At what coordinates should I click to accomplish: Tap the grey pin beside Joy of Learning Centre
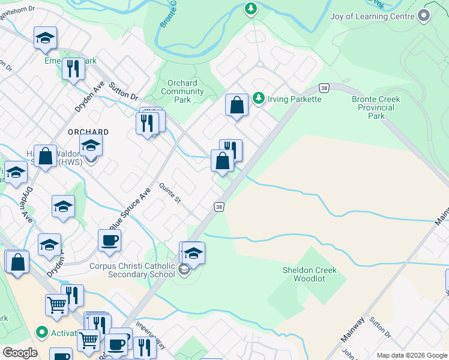tap(425, 16)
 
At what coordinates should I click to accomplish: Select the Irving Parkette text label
tap(294, 98)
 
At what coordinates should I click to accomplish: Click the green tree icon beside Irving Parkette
tap(259, 98)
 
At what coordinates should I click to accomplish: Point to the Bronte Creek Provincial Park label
tap(376, 107)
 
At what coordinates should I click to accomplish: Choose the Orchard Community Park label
tap(182, 92)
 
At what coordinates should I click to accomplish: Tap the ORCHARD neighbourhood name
tap(88, 132)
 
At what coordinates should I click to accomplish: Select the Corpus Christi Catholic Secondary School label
tap(131, 271)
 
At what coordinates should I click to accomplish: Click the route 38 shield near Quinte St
tap(220, 207)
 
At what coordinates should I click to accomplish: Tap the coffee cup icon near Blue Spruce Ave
tap(110, 241)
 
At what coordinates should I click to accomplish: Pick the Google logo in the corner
tap(19, 353)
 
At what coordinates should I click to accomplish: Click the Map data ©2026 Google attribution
tap(412, 355)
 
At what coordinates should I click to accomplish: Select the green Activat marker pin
tap(41, 332)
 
